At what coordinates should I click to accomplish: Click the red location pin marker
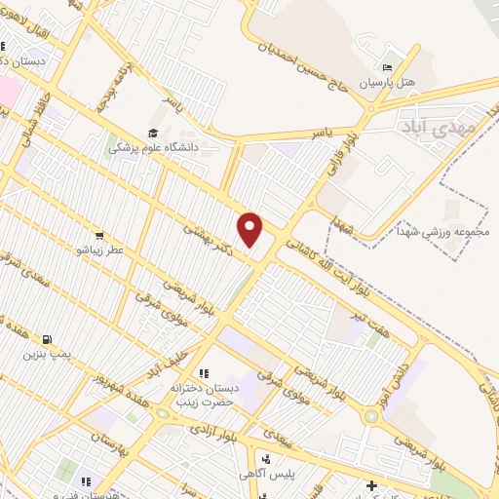point(251,229)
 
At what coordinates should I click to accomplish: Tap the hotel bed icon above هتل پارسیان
point(388,67)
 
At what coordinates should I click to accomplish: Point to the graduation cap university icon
point(152,134)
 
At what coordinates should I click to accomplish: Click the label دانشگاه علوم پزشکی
point(151,148)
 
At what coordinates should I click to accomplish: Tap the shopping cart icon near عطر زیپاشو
point(98,235)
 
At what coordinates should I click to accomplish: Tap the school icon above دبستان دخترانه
point(203,373)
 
